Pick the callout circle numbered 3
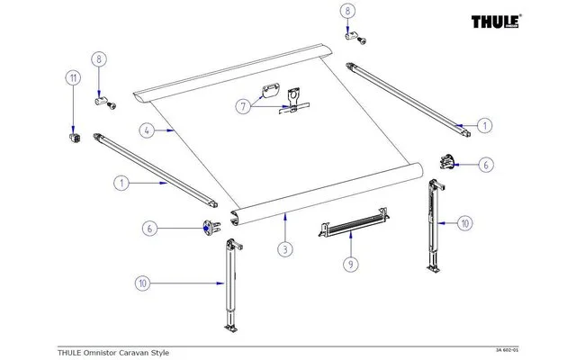(x=283, y=247)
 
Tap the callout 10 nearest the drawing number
(x=465, y=221)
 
